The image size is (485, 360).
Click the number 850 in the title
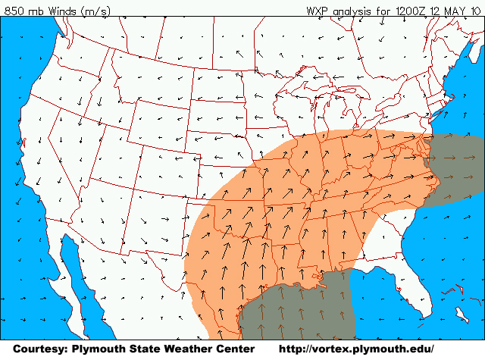pyautogui.click(x=13, y=10)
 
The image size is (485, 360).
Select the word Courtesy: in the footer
pyautogui.click(x=42, y=349)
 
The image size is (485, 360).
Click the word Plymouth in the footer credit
pyautogui.click(x=101, y=349)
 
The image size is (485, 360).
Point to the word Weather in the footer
pyautogui.click(x=185, y=349)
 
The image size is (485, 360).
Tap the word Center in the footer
pyautogui.click(x=233, y=349)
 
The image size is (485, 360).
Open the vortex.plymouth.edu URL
pyautogui.click(x=357, y=349)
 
